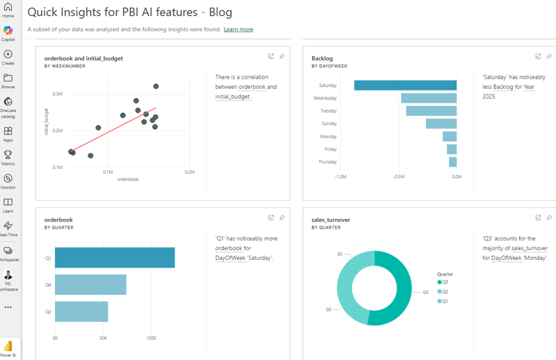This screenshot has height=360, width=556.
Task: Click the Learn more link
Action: (x=238, y=29)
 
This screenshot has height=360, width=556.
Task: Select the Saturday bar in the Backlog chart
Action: (x=405, y=85)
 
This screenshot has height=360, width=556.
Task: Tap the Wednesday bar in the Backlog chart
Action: (x=429, y=98)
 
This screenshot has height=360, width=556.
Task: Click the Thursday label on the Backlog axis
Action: (x=327, y=162)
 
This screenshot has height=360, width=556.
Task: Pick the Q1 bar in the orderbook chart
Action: (x=115, y=258)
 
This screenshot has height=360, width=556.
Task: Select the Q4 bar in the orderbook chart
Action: (x=90, y=285)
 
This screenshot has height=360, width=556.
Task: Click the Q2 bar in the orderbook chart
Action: (x=81, y=311)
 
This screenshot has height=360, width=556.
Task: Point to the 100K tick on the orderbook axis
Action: (x=152, y=338)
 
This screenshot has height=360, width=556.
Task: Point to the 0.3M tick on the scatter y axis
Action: (x=58, y=93)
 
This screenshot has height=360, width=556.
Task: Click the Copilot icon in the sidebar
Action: (x=8, y=31)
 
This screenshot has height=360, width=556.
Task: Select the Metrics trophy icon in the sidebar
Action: (x=8, y=155)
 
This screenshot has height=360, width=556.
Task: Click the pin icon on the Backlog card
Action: (x=549, y=56)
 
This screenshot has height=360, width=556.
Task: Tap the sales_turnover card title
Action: (x=331, y=220)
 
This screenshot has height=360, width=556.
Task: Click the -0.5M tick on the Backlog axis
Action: (x=399, y=177)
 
